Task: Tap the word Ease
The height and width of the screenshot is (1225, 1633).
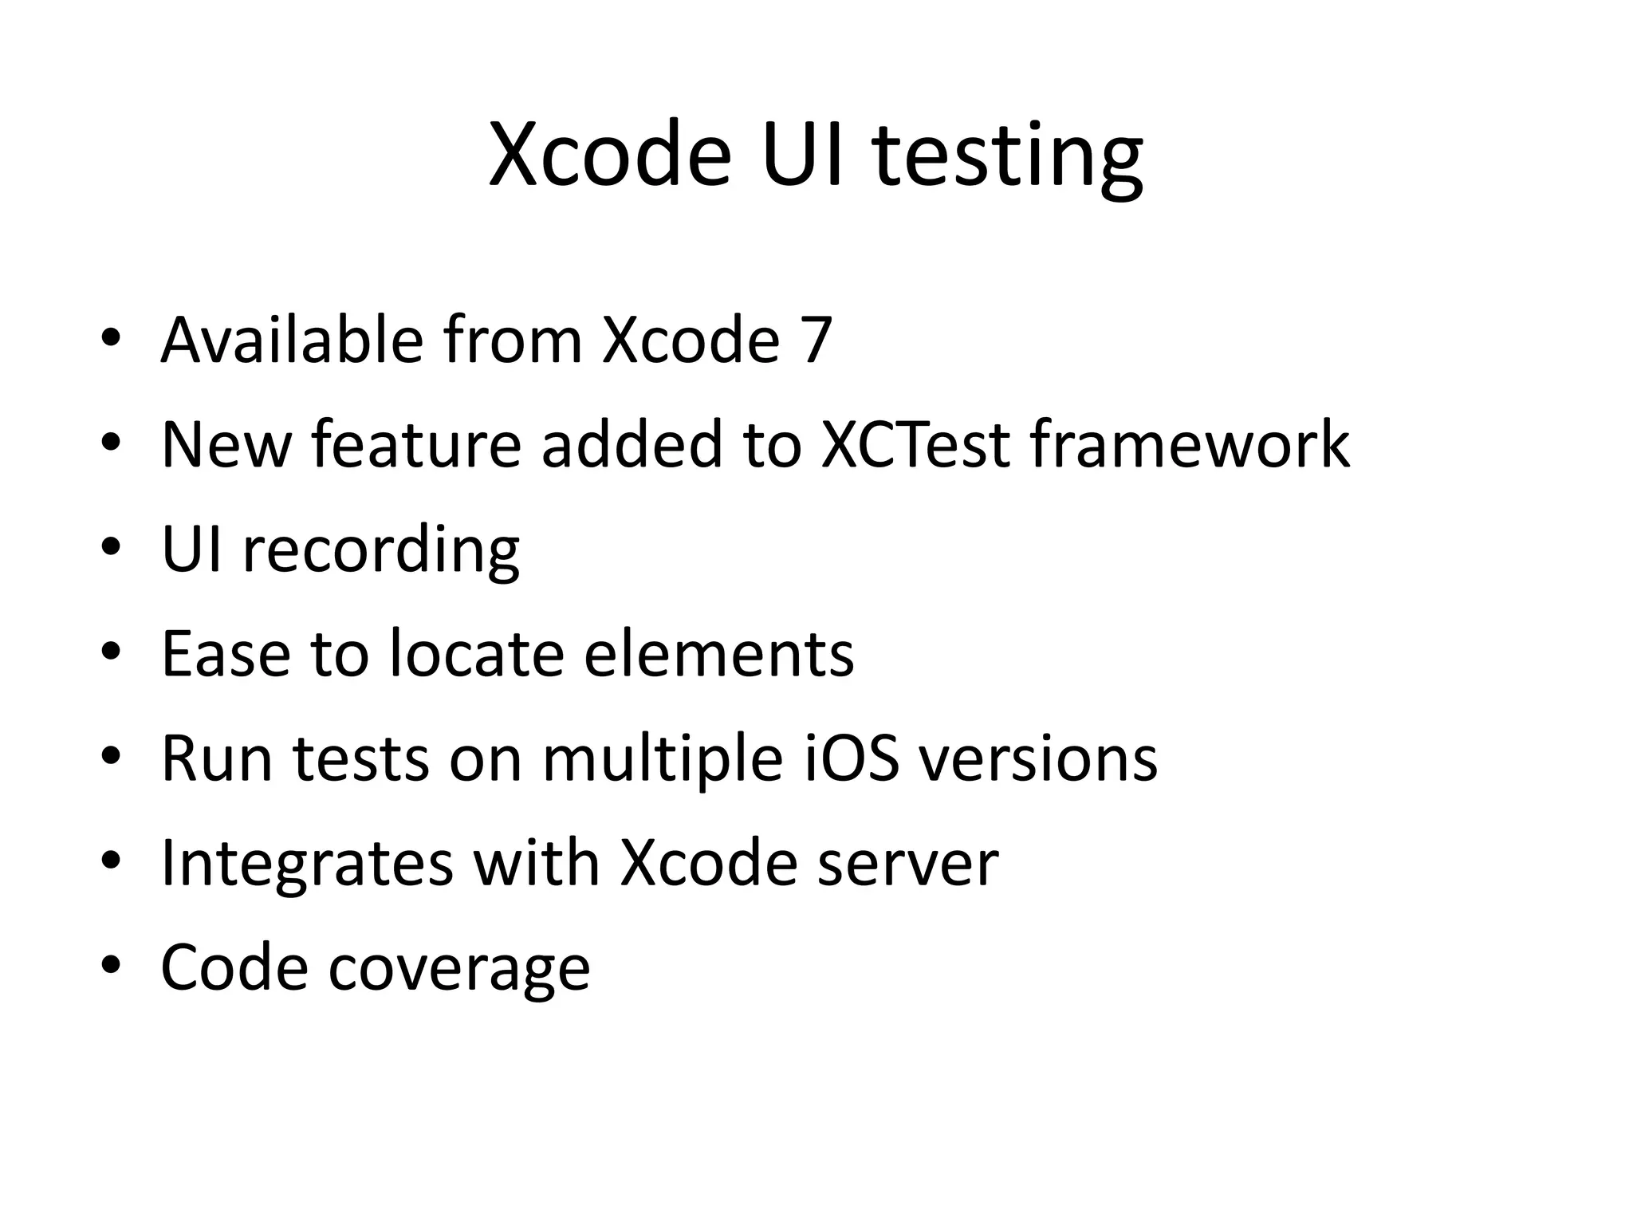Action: tap(226, 654)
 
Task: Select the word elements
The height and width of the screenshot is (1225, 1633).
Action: tap(718, 654)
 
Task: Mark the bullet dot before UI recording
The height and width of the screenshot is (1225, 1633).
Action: tap(111, 548)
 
